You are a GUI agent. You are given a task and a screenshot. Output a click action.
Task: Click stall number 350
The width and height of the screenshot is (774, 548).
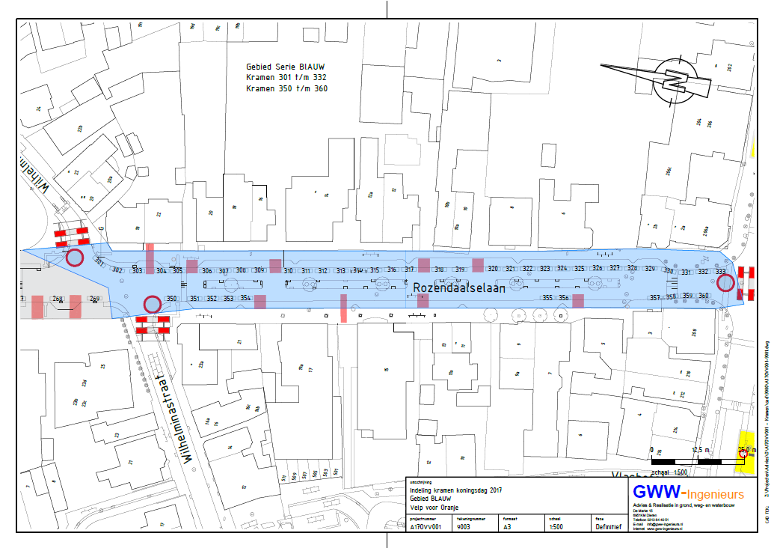[172, 299]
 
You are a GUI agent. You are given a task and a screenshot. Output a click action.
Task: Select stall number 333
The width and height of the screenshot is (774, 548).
[721, 272]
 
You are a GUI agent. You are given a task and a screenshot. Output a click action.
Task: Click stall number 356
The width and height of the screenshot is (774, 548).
[565, 298]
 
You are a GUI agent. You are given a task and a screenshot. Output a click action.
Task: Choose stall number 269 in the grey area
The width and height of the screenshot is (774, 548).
[95, 299]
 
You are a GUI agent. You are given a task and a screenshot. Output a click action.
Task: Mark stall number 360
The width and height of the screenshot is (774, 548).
[703, 296]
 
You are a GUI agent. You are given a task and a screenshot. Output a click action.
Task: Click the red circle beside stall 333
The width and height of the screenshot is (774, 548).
[725, 283]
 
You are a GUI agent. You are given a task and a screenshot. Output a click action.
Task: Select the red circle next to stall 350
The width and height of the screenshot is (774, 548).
[152, 304]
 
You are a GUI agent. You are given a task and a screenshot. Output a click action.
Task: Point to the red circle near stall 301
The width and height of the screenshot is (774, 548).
[75, 258]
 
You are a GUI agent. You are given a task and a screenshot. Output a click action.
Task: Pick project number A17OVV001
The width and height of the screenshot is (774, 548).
[426, 526]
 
